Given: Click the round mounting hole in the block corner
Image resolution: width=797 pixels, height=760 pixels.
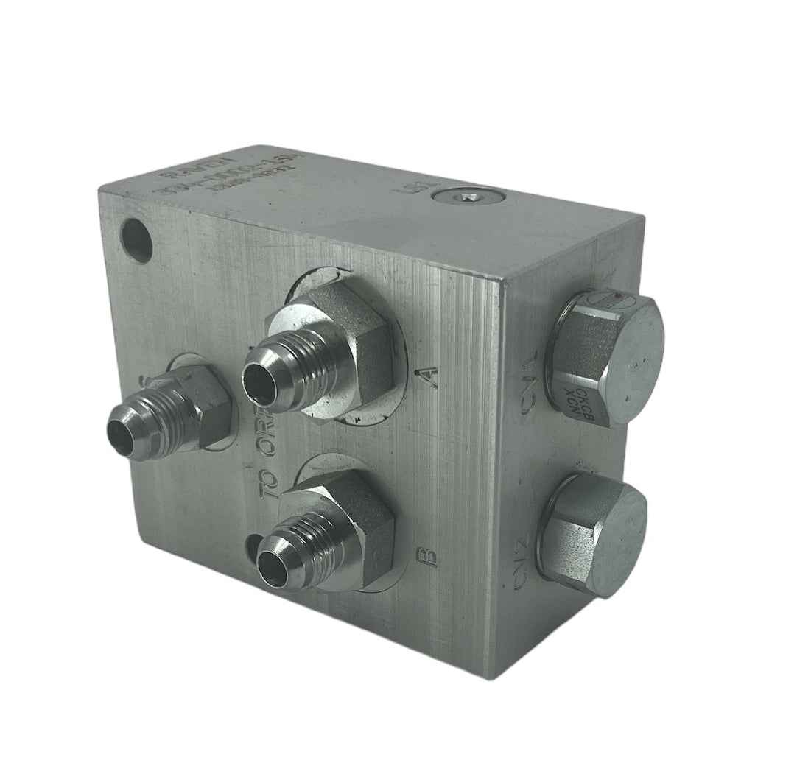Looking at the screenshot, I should pyautogui.click(x=137, y=241).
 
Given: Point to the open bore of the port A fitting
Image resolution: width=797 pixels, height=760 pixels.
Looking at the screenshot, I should pyautogui.click(x=259, y=385).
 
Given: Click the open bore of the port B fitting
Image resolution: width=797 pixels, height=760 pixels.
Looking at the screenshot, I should pyautogui.click(x=273, y=569).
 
